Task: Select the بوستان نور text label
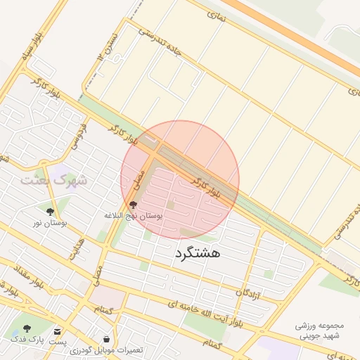click(49, 223)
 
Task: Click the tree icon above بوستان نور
click(50, 211)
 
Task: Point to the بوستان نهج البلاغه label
click(133, 215)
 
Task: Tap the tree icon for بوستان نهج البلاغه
click(134, 204)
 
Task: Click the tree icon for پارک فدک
click(27, 328)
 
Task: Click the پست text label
click(58, 341)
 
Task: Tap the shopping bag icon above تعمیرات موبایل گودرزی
click(106, 338)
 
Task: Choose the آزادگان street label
click(250, 288)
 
